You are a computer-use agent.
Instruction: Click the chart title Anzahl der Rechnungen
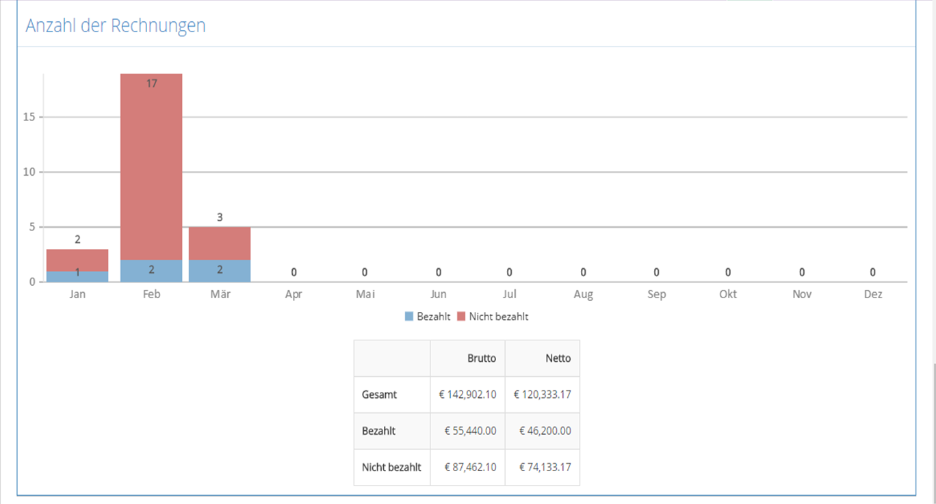[116, 25]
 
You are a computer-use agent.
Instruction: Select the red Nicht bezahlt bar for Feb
[151, 167]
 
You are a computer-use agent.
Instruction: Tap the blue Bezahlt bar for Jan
[77, 276]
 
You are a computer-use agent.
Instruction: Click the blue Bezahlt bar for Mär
[220, 271]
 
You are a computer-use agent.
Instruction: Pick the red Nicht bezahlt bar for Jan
[77, 261]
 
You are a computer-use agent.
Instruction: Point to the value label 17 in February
[152, 83]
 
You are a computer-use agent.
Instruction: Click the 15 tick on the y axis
[29, 117]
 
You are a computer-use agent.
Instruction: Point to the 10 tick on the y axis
[29, 172]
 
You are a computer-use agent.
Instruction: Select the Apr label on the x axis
[294, 294]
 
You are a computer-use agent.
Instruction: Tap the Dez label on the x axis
[873, 294]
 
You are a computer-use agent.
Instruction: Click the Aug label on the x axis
[584, 294]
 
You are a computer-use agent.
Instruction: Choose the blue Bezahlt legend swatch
[409, 317]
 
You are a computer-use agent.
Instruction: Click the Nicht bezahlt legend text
[499, 317]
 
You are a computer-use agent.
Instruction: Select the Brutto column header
[482, 358]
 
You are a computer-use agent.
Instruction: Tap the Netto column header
[558, 358]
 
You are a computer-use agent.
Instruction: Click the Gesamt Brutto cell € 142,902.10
[467, 395]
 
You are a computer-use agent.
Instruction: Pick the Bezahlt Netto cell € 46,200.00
[545, 431]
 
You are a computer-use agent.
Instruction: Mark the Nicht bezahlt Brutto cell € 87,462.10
[470, 467]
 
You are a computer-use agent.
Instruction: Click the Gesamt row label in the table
[379, 395]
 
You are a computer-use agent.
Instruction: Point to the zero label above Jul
[509, 272]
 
